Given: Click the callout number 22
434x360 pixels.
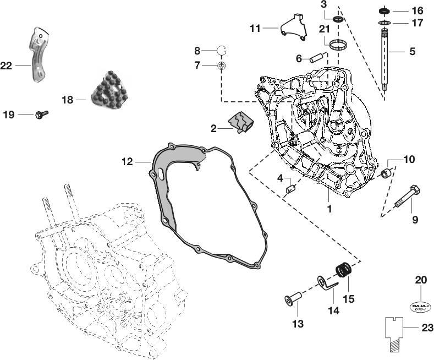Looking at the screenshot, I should (x=6, y=66).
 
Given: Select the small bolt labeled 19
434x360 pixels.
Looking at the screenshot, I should (x=42, y=114).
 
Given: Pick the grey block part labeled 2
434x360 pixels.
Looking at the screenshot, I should (x=240, y=121).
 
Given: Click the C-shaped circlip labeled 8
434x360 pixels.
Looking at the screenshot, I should (x=222, y=51).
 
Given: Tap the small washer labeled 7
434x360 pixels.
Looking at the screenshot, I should (x=221, y=66).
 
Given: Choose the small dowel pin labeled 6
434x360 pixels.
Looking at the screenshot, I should (x=316, y=57).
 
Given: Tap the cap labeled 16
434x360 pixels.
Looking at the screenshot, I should (x=383, y=10).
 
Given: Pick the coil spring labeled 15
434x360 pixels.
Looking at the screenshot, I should (x=343, y=271).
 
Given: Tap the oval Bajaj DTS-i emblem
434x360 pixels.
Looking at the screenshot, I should (x=420, y=307).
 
